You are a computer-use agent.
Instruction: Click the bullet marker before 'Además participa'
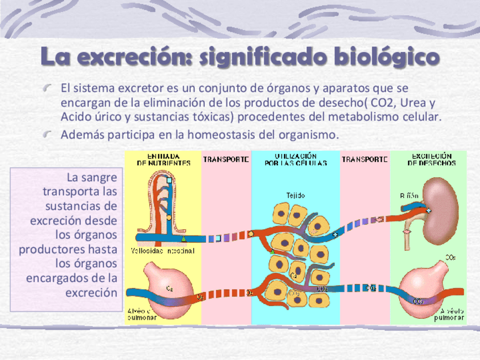(50, 135)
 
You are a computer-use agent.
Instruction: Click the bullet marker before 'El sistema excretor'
(50, 88)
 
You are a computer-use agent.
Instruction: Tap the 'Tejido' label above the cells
(295, 195)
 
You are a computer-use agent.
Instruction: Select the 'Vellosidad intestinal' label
(162, 250)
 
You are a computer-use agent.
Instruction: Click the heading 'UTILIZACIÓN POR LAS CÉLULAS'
(295, 159)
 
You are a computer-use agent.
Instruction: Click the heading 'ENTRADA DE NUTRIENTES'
(164, 159)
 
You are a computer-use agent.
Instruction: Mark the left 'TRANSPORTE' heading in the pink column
(225, 160)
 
